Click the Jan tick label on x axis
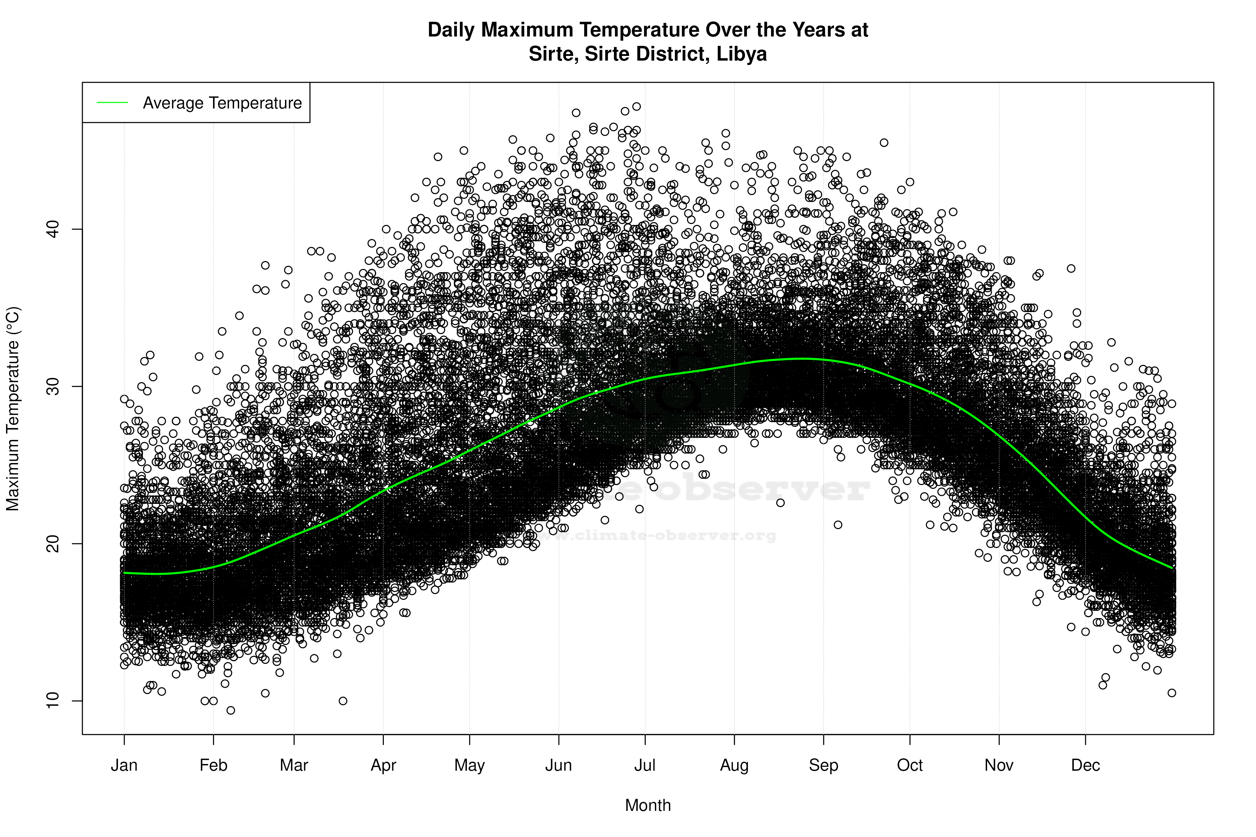(124, 765)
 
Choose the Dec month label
(1085, 765)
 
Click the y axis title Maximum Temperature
(13, 408)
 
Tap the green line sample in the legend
(113, 102)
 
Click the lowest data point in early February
(231, 710)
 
